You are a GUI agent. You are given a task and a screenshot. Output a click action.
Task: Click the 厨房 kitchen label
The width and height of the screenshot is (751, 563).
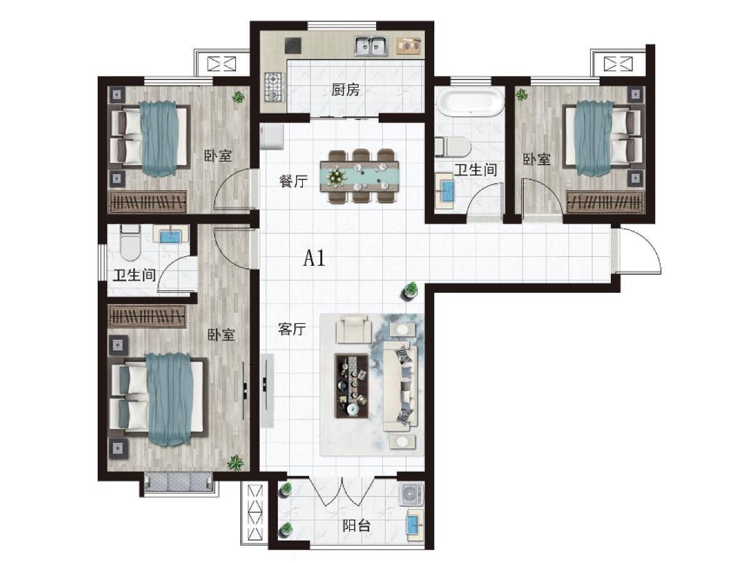[x=345, y=90]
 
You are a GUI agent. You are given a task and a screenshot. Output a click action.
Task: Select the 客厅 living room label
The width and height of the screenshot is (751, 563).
[x=292, y=330]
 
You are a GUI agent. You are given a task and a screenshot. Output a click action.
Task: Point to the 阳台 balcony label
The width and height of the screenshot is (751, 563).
[x=356, y=525]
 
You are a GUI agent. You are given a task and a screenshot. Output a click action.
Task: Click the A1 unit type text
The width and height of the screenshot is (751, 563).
[x=314, y=258]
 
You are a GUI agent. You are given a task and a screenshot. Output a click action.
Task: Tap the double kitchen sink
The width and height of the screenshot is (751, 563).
[x=370, y=46]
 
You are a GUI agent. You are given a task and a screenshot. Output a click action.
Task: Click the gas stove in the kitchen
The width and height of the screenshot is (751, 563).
[x=273, y=87]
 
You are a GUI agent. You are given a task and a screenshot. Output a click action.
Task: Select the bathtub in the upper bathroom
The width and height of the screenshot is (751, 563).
[x=469, y=102]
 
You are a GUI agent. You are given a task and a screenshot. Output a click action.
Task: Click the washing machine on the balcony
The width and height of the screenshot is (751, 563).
[x=411, y=494]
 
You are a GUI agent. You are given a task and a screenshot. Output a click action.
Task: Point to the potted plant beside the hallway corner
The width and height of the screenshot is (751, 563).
[x=411, y=290]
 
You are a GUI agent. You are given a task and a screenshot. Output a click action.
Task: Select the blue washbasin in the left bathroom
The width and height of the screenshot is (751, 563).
[x=170, y=236]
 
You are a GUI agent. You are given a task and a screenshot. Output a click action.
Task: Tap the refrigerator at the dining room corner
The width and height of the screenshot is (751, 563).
[x=273, y=136]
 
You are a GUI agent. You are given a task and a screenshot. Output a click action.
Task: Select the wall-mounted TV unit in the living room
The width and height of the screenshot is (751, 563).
[x=267, y=391]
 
